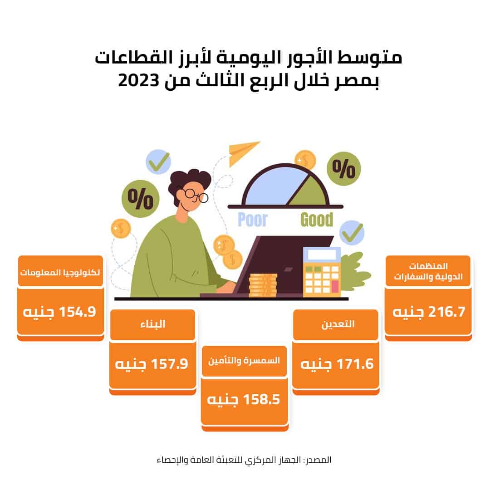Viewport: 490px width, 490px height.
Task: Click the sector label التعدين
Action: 338,324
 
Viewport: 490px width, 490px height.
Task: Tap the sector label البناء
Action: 152,324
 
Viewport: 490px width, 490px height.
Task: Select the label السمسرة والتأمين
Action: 244,361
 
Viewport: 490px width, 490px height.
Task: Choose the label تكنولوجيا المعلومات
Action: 60,273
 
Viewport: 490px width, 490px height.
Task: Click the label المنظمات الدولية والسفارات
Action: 428,271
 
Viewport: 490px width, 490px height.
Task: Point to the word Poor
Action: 253,220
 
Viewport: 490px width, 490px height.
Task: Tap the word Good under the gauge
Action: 317,220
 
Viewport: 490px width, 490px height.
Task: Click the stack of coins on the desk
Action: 263,285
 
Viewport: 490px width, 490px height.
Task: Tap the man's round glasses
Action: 196,196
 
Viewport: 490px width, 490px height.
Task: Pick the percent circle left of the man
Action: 140,199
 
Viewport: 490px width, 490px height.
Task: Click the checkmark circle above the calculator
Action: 352,233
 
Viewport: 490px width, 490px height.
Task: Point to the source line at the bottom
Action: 244,460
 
